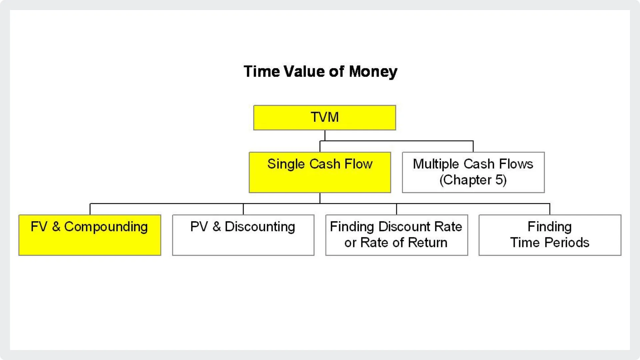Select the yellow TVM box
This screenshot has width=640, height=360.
click(x=325, y=118)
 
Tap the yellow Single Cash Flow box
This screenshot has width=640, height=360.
click(x=320, y=172)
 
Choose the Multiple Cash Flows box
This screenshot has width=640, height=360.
click(x=473, y=172)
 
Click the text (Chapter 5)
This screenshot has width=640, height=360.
click(x=473, y=180)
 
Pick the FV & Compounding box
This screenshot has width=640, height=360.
click(x=90, y=235)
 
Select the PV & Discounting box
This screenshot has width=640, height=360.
click(x=243, y=235)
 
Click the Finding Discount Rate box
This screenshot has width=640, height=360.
click(x=397, y=235)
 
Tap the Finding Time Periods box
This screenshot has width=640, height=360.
click(x=550, y=235)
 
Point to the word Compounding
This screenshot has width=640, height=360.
click(x=106, y=227)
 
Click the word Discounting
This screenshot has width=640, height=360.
click(x=260, y=227)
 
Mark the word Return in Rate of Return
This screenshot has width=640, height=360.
click(x=428, y=243)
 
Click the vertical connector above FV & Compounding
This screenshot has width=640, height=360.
click(x=90, y=209)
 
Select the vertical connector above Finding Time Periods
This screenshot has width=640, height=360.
click(x=550, y=209)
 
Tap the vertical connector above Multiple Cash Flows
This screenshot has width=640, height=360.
click(x=473, y=146)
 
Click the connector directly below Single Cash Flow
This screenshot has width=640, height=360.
click(x=320, y=198)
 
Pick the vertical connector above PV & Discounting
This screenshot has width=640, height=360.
click(x=243, y=209)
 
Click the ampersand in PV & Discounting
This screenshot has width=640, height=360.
click(x=217, y=227)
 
